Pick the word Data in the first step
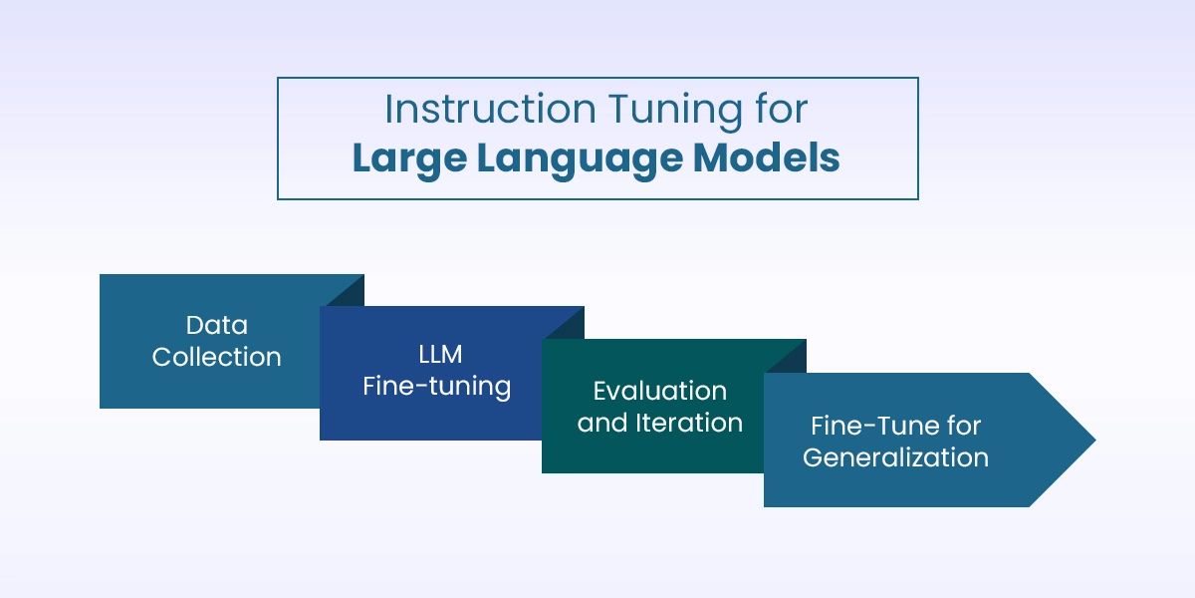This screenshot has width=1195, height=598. [x=216, y=325]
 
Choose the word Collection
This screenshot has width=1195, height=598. [x=216, y=357]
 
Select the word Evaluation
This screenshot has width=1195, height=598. [x=659, y=391]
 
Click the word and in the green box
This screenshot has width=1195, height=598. [x=602, y=423]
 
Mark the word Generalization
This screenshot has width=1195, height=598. [x=895, y=457]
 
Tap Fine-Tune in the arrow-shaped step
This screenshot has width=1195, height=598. [x=864, y=426]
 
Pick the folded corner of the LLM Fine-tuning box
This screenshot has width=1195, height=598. [x=569, y=321]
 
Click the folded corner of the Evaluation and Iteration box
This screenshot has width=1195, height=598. [x=791, y=355]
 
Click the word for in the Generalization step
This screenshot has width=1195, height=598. [x=961, y=426]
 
